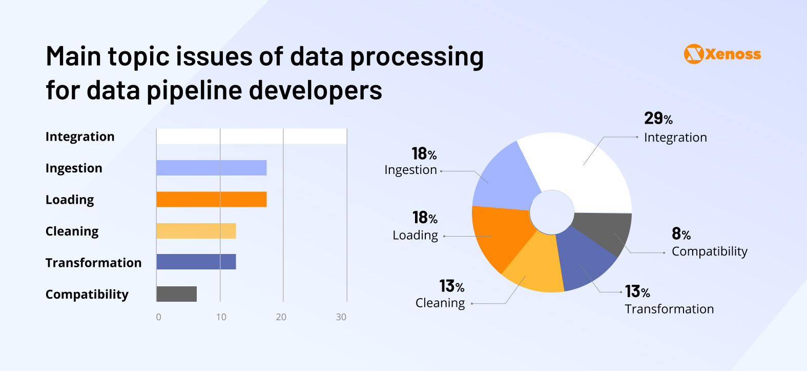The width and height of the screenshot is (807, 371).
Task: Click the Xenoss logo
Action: click(722, 54)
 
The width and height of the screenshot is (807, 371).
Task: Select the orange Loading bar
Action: click(211, 199)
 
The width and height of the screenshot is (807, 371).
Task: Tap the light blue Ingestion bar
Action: click(211, 168)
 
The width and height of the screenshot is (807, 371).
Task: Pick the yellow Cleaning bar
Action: click(196, 231)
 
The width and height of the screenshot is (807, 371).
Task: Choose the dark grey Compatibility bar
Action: click(176, 294)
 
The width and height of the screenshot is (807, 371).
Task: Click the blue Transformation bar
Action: click(196, 262)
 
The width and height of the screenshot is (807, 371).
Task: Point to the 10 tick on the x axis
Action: click(221, 317)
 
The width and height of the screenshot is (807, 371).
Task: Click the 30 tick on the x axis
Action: click(341, 317)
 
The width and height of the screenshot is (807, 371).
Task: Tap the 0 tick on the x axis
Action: click(158, 317)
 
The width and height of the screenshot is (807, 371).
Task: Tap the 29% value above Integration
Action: click(658, 119)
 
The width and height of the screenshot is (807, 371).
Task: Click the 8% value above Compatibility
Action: click(681, 234)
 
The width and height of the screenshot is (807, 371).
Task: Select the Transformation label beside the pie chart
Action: click(669, 309)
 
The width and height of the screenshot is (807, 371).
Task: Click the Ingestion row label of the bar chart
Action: click(74, 168)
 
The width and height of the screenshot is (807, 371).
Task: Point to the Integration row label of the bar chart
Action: click(80, 136)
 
